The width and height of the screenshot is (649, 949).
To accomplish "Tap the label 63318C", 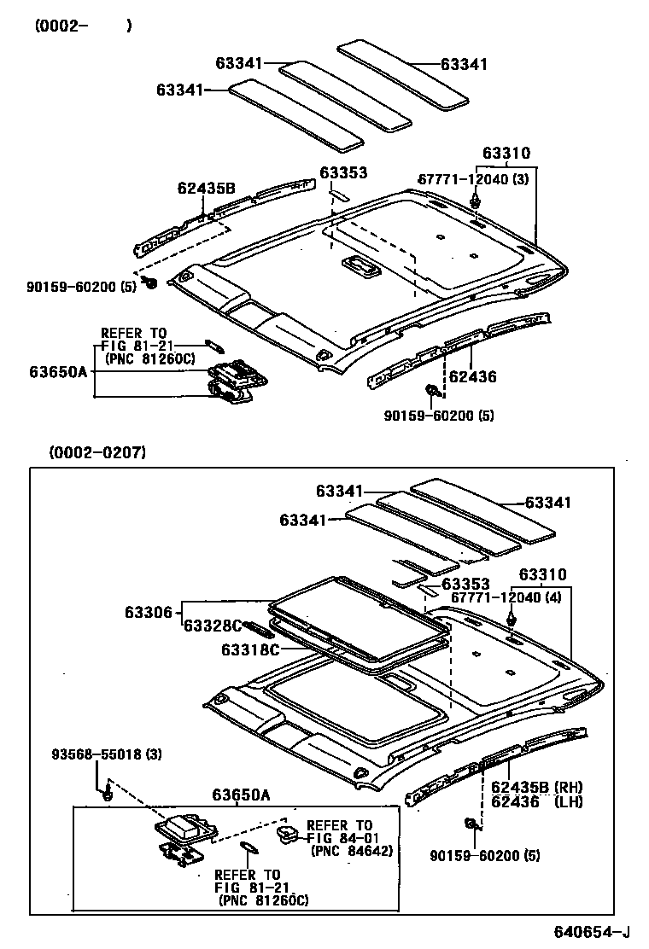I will [x=250, y=649].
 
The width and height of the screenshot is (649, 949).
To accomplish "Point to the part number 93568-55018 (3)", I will [x=106, y=754].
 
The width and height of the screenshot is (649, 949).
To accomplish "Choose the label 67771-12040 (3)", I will [x=473, y=179].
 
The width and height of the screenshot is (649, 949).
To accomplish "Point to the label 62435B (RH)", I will [x=535, y=787].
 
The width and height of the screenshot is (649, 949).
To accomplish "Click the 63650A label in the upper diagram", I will [x=58, y=372].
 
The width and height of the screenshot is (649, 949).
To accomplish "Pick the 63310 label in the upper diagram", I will [x=506, y=154].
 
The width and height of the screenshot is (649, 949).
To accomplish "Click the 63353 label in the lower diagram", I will [x=465, y=584].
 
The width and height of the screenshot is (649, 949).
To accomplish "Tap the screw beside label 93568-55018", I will [x=108, y=795].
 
